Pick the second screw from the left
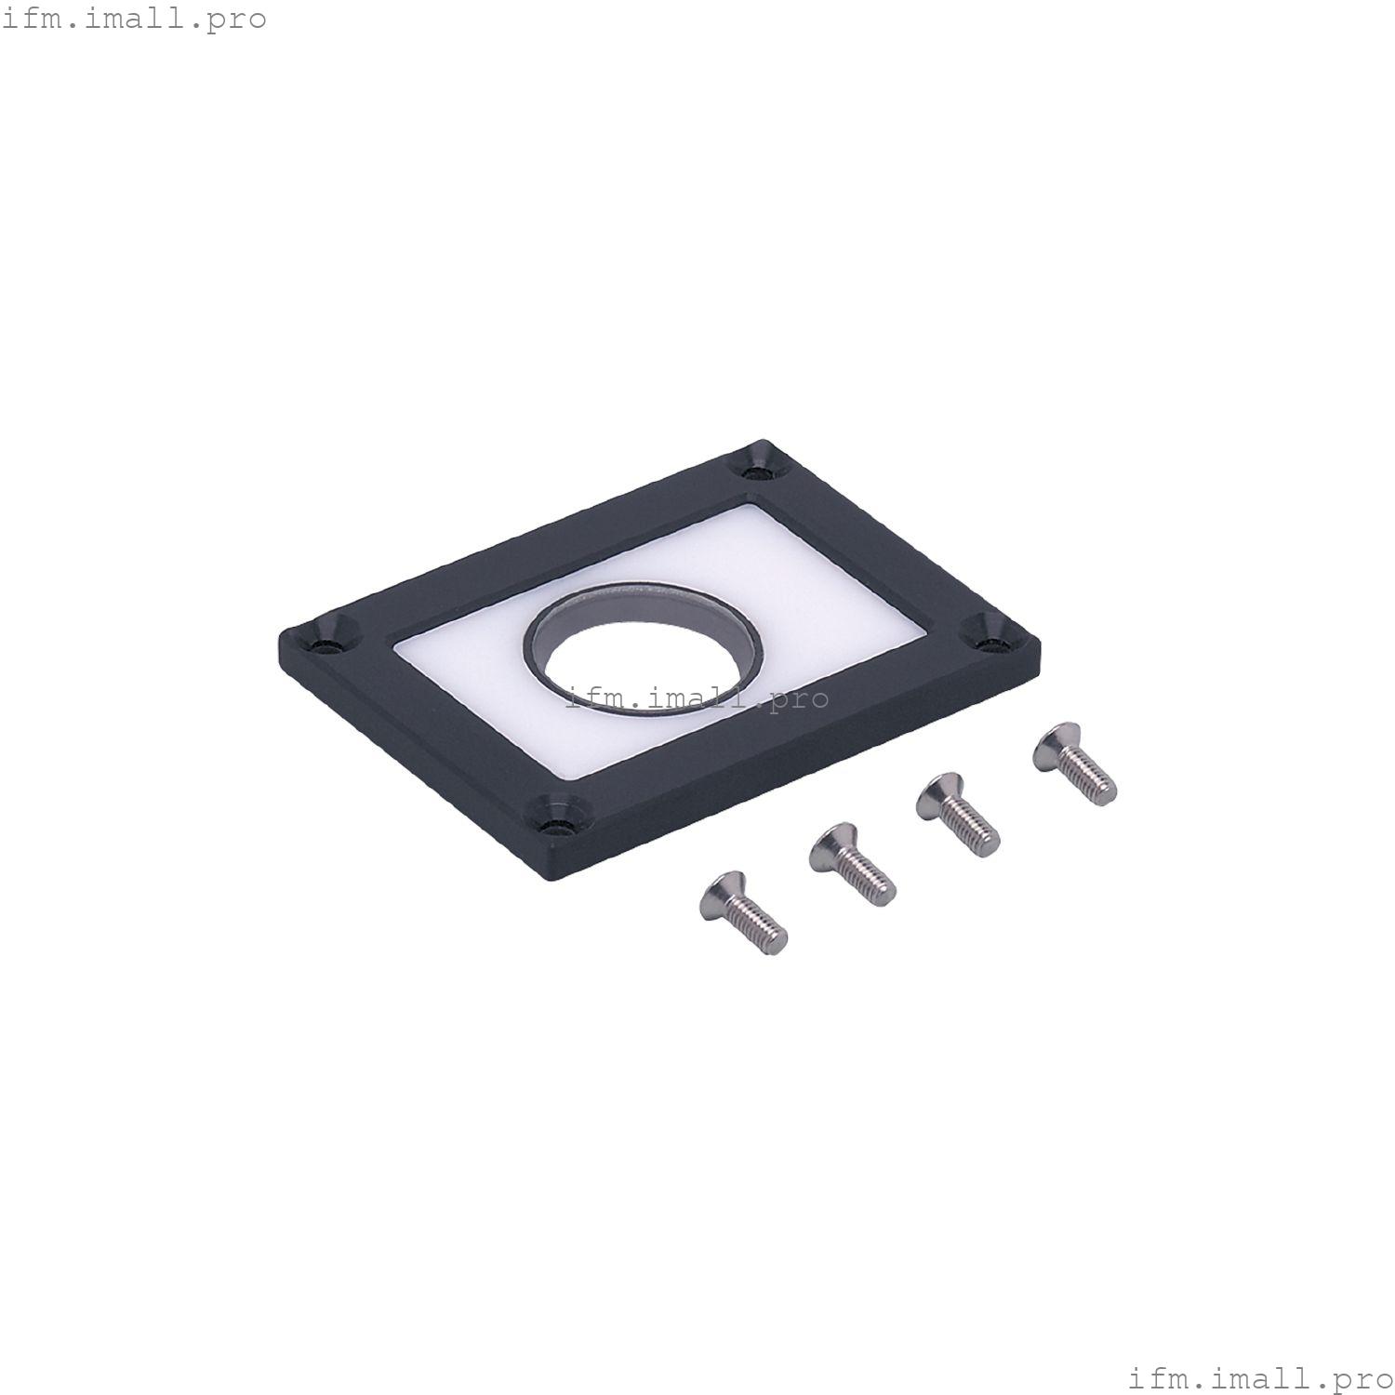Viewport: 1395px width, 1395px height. [851, 865]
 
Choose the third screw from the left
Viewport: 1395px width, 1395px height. [957, 814]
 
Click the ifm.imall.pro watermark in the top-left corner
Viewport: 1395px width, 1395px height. [134, 19]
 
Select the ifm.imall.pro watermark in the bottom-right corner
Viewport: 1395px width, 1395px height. [1261, 1375]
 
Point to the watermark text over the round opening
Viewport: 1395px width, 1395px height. [697, 697]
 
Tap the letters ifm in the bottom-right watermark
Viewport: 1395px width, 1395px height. [1153, 1375]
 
